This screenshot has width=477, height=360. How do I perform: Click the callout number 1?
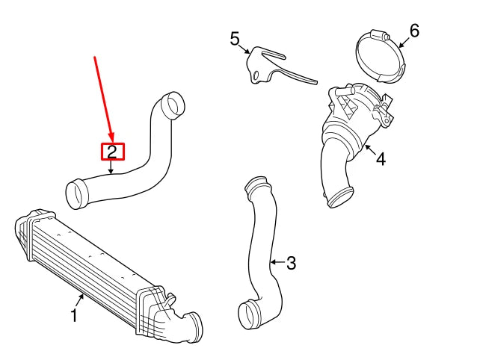[75, 317]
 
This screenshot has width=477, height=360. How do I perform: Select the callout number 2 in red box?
[112, 152]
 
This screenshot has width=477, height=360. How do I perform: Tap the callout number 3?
[292, 263]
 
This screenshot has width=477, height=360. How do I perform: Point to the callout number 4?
[381, 159]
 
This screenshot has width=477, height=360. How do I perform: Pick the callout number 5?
[235, 38]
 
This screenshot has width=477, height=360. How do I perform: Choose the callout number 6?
[414, 31]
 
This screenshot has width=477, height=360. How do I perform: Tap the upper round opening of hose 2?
[173, 105]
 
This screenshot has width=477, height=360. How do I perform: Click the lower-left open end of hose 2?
[77, 194]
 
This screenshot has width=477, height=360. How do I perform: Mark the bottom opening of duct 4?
[340, 199]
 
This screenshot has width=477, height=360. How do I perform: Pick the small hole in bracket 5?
[258, 75]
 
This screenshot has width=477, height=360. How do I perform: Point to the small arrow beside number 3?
[276, 262]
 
